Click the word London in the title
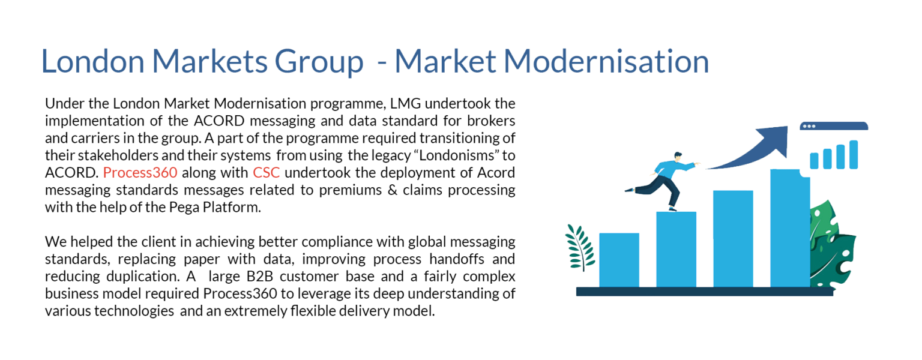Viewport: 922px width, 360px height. click(x=92, y=61)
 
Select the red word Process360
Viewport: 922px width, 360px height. click(x=140, y=172)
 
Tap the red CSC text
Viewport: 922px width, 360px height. click(x=267, y=172)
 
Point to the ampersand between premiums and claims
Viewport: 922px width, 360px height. click(x=393, y=190)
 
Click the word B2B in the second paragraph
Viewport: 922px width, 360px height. click(x=260, y=276)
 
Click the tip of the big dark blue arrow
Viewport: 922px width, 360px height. click(x=786, y=127)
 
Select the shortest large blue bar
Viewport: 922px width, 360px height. click(x=619, y=260)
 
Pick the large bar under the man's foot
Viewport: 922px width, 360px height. click(x=676, y=250)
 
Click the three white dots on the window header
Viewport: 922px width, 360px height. click(x=809, y=127)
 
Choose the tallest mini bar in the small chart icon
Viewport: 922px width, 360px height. click(x=854, y=154)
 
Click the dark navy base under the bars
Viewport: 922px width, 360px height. click(x=705, y=292)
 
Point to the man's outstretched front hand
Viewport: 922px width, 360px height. click(x=696, y=164)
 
